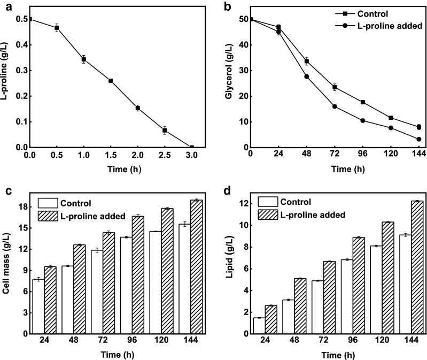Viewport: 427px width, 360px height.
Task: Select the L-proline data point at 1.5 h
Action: (111, 81)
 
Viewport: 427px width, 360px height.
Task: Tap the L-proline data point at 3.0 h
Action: (191, 147)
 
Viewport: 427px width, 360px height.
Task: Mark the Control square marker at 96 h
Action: (363, 102)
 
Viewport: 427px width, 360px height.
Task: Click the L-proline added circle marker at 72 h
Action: (335, 106)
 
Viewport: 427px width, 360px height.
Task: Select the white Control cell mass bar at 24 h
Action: (38, 307)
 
